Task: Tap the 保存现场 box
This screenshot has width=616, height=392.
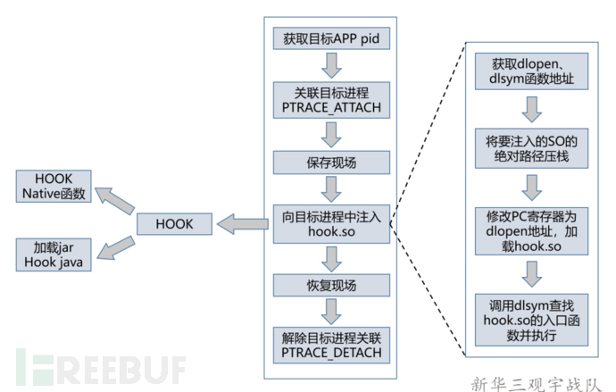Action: coord(332,163)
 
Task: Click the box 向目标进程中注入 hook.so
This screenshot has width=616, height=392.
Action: coord(332,222)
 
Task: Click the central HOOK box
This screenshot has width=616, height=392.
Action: coord(175,222)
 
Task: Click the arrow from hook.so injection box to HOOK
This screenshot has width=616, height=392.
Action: coord(243,222)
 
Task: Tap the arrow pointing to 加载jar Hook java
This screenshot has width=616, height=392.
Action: coord(113,245)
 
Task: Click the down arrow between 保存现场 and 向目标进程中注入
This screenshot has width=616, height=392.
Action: coord(332,189)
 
